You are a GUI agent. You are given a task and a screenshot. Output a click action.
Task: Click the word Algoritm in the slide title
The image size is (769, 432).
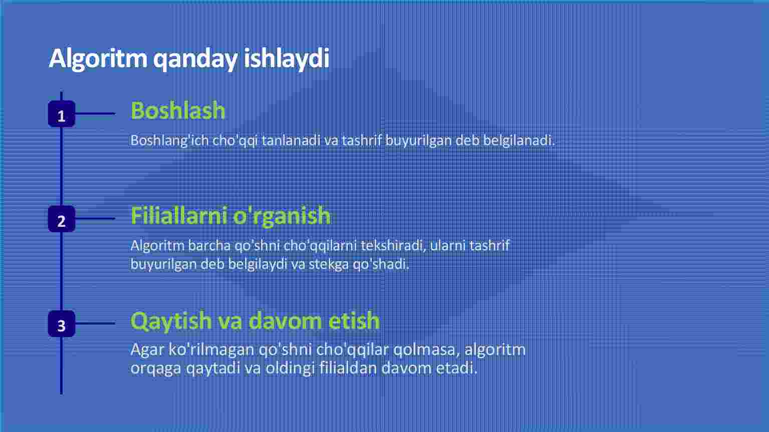[x=98, y=59]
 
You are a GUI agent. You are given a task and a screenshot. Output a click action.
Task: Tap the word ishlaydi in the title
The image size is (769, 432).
[x=287, y=59]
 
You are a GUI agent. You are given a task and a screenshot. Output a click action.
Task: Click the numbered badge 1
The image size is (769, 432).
[x=62, y=114]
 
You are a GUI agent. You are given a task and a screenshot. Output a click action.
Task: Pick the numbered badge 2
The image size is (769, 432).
[x=62, y=219]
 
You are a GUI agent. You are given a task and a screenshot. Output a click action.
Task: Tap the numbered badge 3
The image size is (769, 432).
[x=62, y=324]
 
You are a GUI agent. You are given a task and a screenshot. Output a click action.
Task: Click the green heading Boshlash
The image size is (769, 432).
[x=178, y=111]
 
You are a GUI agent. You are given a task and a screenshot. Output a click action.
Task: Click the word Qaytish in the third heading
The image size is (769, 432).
[x=171, y=321]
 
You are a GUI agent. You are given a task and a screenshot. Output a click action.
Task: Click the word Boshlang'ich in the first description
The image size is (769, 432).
[x=170, y=141]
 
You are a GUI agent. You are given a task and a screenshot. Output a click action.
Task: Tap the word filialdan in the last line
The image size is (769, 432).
[x=348, y=368]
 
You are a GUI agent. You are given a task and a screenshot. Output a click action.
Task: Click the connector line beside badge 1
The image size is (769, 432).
[x=95, y=114]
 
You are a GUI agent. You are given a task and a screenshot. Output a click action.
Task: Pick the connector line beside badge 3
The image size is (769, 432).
[x=95, y=323]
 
